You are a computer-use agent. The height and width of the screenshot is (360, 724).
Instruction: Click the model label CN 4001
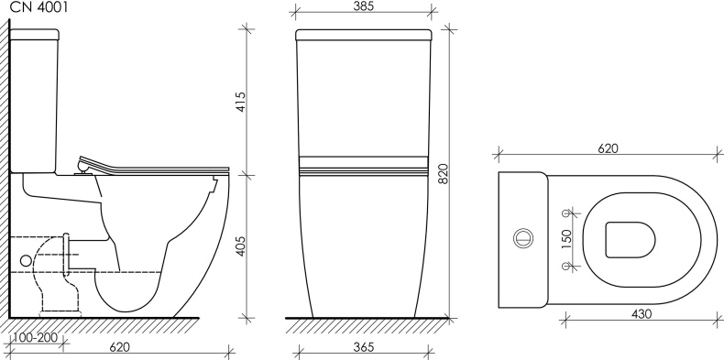point(38,7)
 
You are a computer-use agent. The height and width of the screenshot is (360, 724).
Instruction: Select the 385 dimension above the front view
point(364,6)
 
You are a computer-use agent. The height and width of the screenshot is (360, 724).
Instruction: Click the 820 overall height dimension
point(443,173)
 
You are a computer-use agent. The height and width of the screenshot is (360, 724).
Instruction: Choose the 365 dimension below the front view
point(364,346)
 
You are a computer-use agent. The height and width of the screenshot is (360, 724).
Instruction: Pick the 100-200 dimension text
point(36,337)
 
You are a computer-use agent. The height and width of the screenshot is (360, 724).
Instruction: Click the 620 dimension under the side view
point(120,346)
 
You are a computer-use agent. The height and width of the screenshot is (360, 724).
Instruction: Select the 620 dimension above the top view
point(608,148)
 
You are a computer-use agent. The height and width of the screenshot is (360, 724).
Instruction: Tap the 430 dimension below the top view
point(642,314)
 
